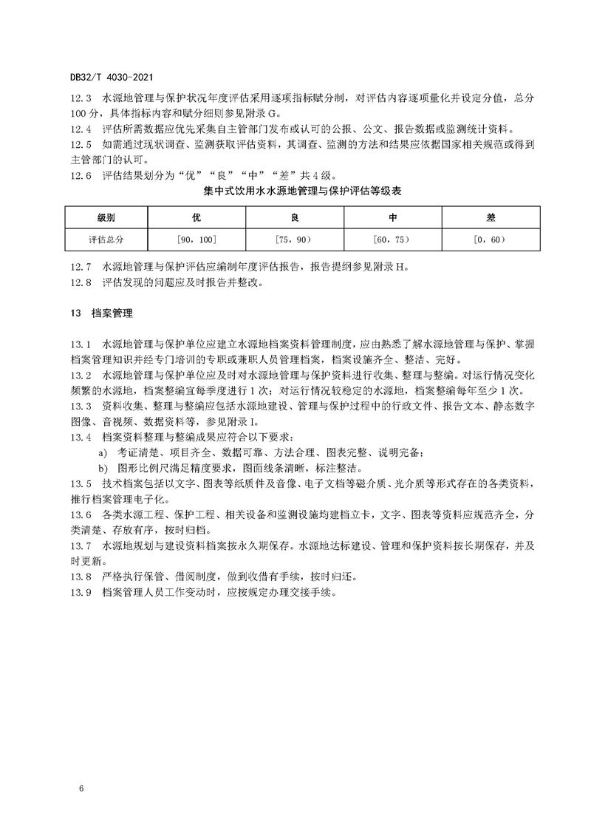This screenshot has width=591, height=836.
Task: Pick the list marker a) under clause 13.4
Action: (x=103, y=452)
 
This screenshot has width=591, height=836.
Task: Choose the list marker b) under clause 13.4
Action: (x=103, y=468)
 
